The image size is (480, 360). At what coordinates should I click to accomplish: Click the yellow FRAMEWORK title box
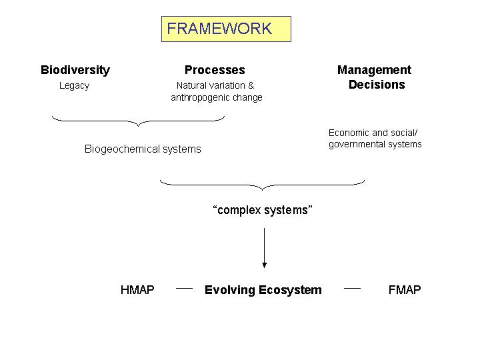pos(226,29)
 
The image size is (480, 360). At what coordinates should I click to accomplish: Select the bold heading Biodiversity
pos(75,70)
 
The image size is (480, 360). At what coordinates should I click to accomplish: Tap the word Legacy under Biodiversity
pos(75,86)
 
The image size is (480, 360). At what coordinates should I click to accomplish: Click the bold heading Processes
pos(215,70)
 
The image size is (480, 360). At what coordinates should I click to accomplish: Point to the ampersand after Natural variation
pos(251,85)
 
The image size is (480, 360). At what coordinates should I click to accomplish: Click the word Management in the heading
pos(375,70)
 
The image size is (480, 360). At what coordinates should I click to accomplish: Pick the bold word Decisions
pos(377,85)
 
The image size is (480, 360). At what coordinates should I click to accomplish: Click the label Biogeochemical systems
pos(143,149)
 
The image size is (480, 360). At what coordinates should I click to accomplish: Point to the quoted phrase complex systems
pos(263,210)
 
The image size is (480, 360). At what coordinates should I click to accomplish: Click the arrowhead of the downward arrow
pos(264,265)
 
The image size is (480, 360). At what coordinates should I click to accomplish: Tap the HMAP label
pos(137,289)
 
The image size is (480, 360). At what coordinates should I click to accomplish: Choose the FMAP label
pos(405,289)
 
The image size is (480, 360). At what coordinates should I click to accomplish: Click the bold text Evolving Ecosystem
pos(263,290)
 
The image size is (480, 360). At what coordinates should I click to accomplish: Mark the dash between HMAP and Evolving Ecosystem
pos(184,289)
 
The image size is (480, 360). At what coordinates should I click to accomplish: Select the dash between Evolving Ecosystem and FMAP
pos(353,289)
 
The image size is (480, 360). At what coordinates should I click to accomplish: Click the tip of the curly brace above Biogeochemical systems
pos(139,126)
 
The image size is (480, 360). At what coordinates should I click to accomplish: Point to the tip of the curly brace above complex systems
pos(263,190)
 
